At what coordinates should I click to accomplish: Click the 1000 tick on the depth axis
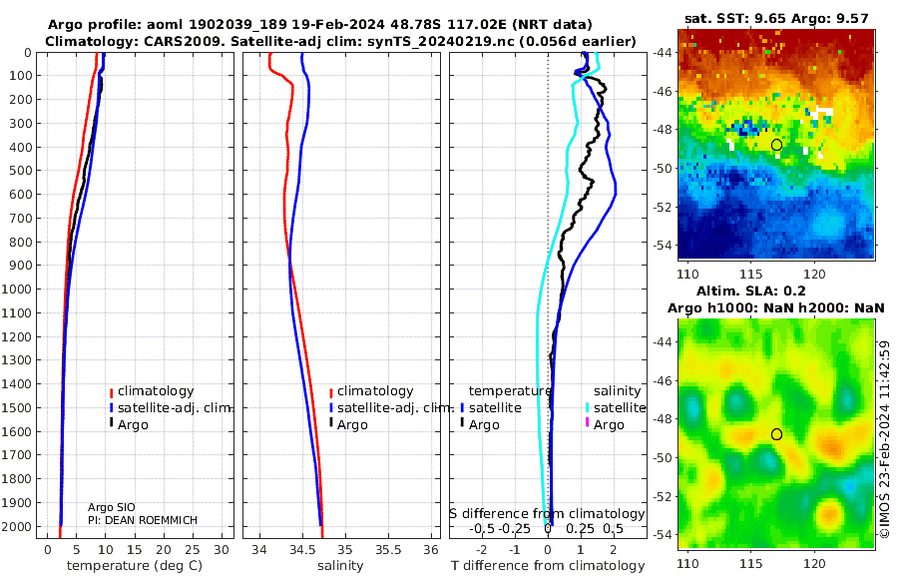click(19, 289)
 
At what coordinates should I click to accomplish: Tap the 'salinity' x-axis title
click(340, 566)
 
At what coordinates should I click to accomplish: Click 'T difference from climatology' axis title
click(548, 566)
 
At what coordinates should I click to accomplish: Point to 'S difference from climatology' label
click(547, 514)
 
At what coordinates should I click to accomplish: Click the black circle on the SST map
click(776, 145)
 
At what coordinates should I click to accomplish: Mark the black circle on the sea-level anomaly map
click(776, 434)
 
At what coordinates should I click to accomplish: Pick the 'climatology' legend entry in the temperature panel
click(156, 391)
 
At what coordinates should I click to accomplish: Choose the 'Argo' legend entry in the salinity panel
click(352, 425)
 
